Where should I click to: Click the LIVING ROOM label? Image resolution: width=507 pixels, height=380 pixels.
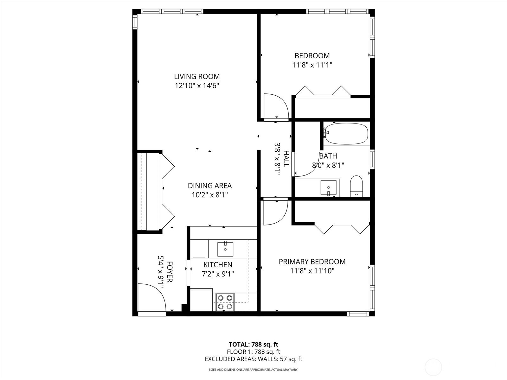click(x=197, y=76)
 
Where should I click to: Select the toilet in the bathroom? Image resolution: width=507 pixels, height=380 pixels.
click(x=356, y=186)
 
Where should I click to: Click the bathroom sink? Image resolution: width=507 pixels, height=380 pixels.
click(x=328, y=187)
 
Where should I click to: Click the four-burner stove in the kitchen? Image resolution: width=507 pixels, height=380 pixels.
click(x=225, y=302)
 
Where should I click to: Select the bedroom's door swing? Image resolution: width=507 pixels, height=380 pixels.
click(x=276, y=106)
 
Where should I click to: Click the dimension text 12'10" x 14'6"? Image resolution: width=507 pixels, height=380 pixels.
click(x=197, y=86)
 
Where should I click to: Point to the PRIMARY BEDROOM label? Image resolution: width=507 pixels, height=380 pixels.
click(x=312, y=262)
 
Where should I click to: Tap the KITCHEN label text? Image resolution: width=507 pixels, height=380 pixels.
click(x=218, y=265)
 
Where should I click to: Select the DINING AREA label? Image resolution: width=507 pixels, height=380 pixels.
click(x=210, y=186)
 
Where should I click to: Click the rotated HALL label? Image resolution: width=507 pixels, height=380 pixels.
click(x=286, y=159)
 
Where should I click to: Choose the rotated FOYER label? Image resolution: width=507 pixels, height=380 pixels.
click(x=170, y=272)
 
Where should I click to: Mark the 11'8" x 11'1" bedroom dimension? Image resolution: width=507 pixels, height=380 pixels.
click(x=312, y=65)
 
